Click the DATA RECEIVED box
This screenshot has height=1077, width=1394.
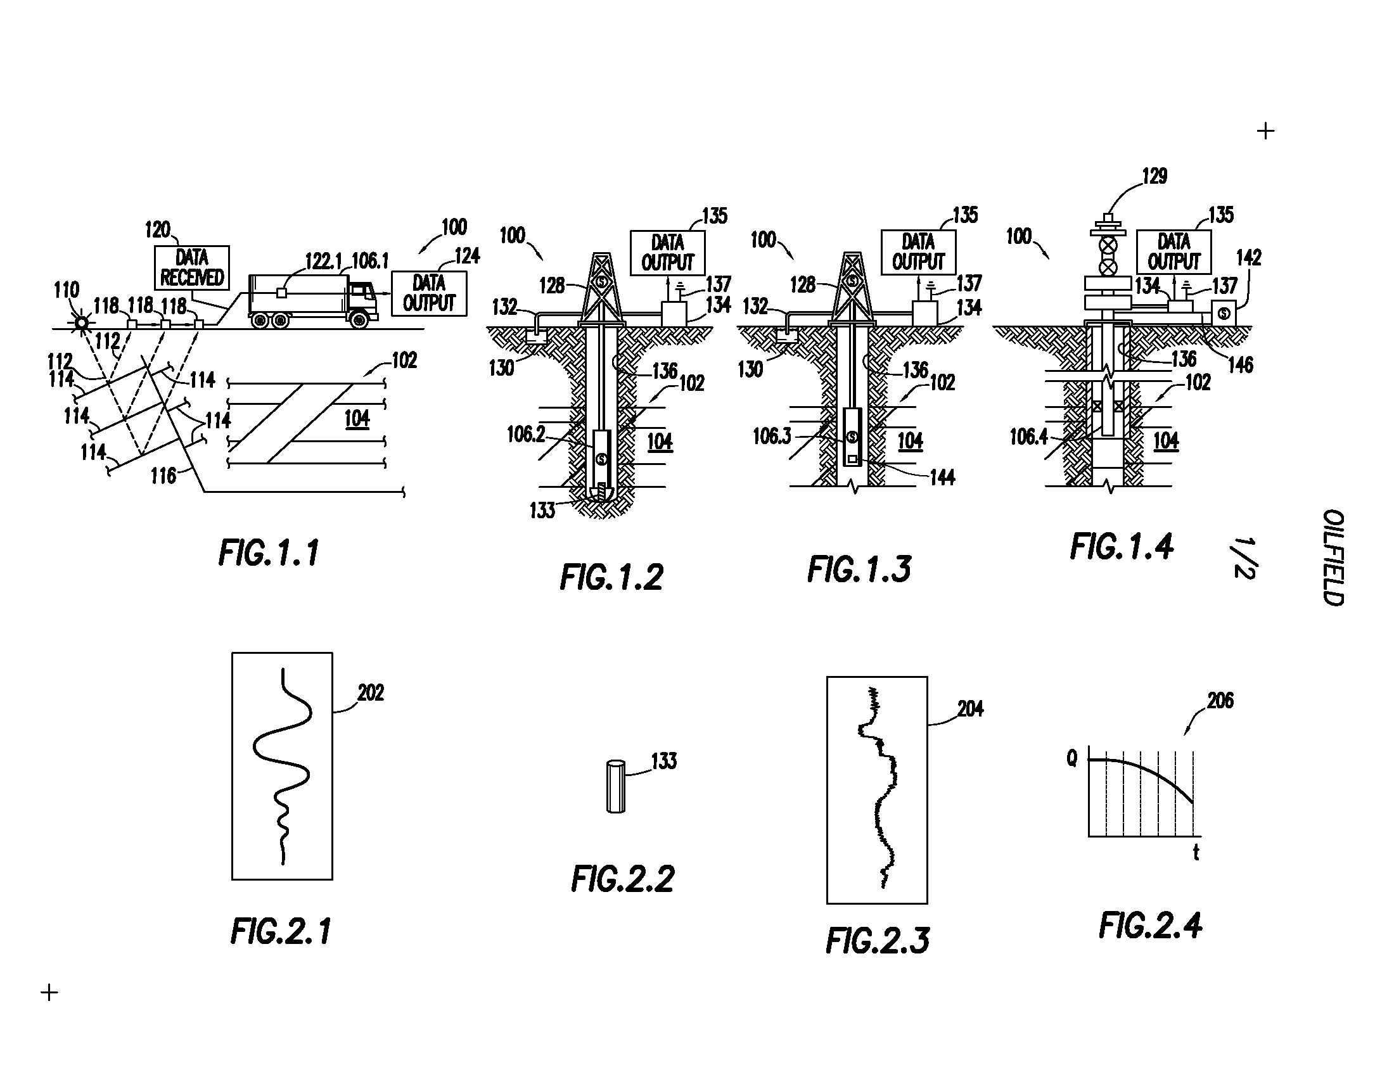[192, 268]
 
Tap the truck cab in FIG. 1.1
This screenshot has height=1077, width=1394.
[362, 300]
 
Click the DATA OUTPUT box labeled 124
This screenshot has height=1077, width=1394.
[429, 293]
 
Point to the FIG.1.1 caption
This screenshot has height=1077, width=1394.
[269, 552]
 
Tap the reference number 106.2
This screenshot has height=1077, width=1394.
[526, 435]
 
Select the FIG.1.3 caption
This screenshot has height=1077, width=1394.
[859, 569]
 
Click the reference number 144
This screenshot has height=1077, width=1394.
[942, 478]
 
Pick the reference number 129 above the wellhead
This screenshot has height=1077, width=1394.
[1154, 176]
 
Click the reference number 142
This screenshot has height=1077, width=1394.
[1248, 258]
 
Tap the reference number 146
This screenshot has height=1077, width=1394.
[1241, 365]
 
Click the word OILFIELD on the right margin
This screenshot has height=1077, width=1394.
[1333, 557]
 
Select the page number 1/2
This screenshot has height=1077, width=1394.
[1244, 558]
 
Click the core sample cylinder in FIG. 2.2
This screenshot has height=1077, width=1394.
[615, 786]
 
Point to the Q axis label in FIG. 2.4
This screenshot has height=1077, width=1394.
[1072, 758]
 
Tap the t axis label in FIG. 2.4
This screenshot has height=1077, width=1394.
[1196, 852]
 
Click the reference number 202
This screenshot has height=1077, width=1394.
[371, 693]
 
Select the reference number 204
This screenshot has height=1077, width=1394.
[970, 709]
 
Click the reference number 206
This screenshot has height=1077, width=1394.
[1220, 701]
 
